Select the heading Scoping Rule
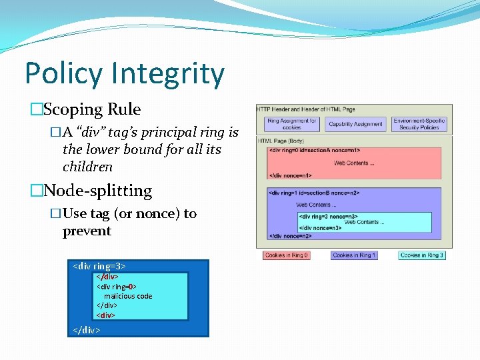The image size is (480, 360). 91,109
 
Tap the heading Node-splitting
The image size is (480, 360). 97,191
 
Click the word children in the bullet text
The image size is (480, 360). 87,167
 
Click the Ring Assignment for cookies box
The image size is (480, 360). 292,123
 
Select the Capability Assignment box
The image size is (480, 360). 355,123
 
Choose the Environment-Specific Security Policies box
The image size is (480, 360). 419,123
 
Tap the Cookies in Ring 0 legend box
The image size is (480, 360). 286,255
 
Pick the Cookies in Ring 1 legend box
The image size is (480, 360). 353,255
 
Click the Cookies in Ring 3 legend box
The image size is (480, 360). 421,255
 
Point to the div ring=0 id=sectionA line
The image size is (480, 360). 313,151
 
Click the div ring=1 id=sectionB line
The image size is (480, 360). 313,193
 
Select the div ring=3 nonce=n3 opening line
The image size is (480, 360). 329,216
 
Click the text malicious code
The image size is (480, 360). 128,296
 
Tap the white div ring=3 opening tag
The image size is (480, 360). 99,266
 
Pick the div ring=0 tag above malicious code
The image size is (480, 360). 117,287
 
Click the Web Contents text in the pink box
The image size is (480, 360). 354,163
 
